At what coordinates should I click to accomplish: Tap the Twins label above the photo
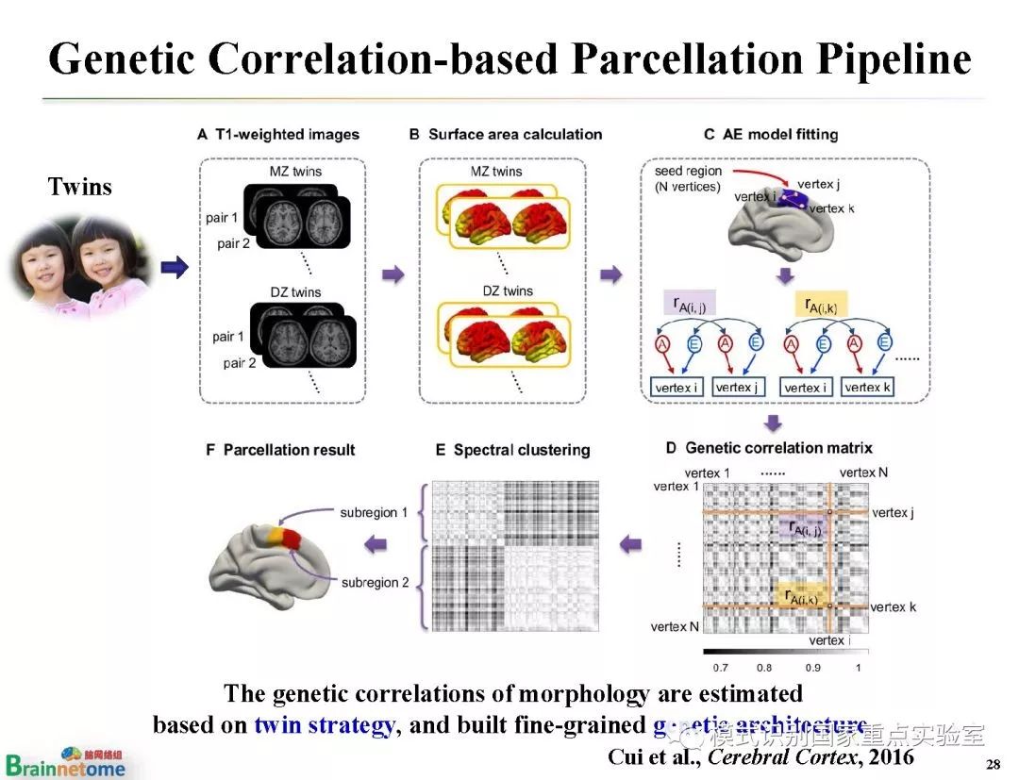(x=79, y=187)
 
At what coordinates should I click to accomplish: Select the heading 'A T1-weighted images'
(x=278, y=134)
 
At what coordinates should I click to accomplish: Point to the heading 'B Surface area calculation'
(x=506, y=134)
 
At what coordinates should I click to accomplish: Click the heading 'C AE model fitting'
(x=771, y=134)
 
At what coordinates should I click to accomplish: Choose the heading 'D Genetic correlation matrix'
(x=769, y=447)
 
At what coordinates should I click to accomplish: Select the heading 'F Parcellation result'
(x=280, y=450)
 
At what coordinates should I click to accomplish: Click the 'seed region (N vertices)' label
(x=688, y=178)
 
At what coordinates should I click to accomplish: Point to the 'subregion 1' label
(x=375, y=512)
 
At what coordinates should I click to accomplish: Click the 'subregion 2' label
(x=376, y=582)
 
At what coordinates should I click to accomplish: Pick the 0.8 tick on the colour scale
(x=763, y=667)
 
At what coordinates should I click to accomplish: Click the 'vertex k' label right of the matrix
(x=893, y=606)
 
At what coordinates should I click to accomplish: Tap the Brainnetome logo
(x=66, y=762)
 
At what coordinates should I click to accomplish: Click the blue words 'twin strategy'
(x=323, y=726)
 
